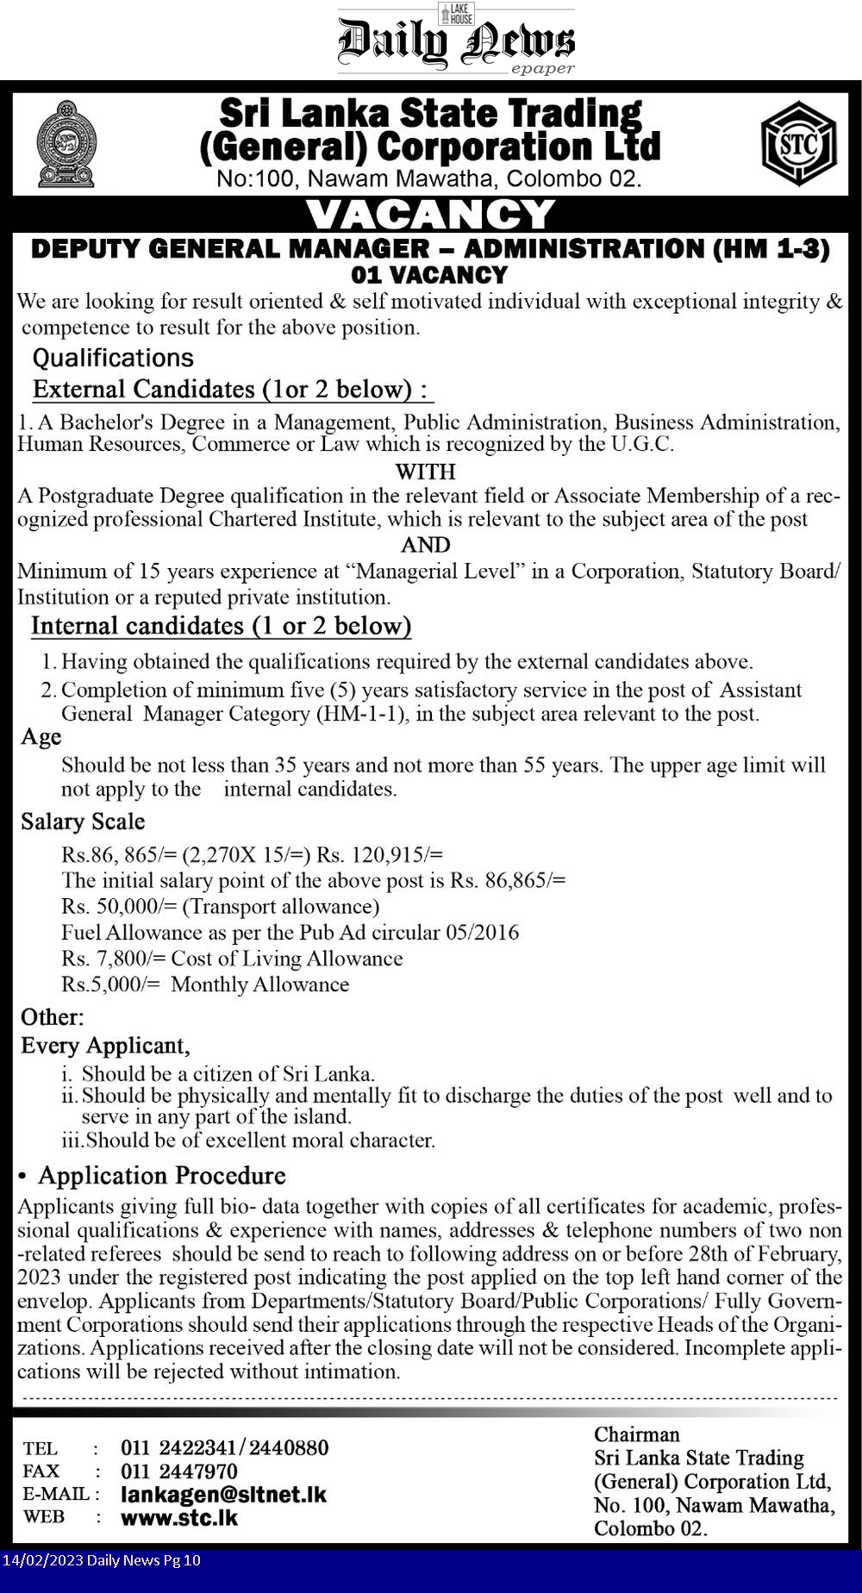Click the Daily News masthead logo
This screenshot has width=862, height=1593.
(x=456, y=41)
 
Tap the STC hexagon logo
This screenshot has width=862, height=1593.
(x=798, y=144)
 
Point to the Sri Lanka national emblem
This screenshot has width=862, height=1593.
(x=66, y=144)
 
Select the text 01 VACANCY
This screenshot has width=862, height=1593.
(x=429, y=275)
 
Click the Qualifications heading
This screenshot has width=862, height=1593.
(x=113, y=358)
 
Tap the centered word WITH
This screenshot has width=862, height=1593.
(x=425, y=472)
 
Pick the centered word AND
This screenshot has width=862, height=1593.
(x=425, y=545)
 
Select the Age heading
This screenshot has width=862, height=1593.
(x=41, y=737)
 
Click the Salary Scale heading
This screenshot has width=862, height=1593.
(x=83, y=821)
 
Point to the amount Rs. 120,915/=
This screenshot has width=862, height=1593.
(x=379, y=854)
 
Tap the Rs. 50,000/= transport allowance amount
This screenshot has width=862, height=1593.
(x=119, y=906)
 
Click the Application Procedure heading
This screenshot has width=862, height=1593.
(x=161, y=1176)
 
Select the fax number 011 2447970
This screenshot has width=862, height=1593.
(x=179, y=1471)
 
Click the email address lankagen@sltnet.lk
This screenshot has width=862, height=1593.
(x=223, y=1495)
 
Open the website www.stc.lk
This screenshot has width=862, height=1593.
(x=179, y=1517)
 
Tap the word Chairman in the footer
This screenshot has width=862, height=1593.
(x=636, y=1434)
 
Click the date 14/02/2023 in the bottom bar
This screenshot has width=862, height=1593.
(x=41, y=1560)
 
